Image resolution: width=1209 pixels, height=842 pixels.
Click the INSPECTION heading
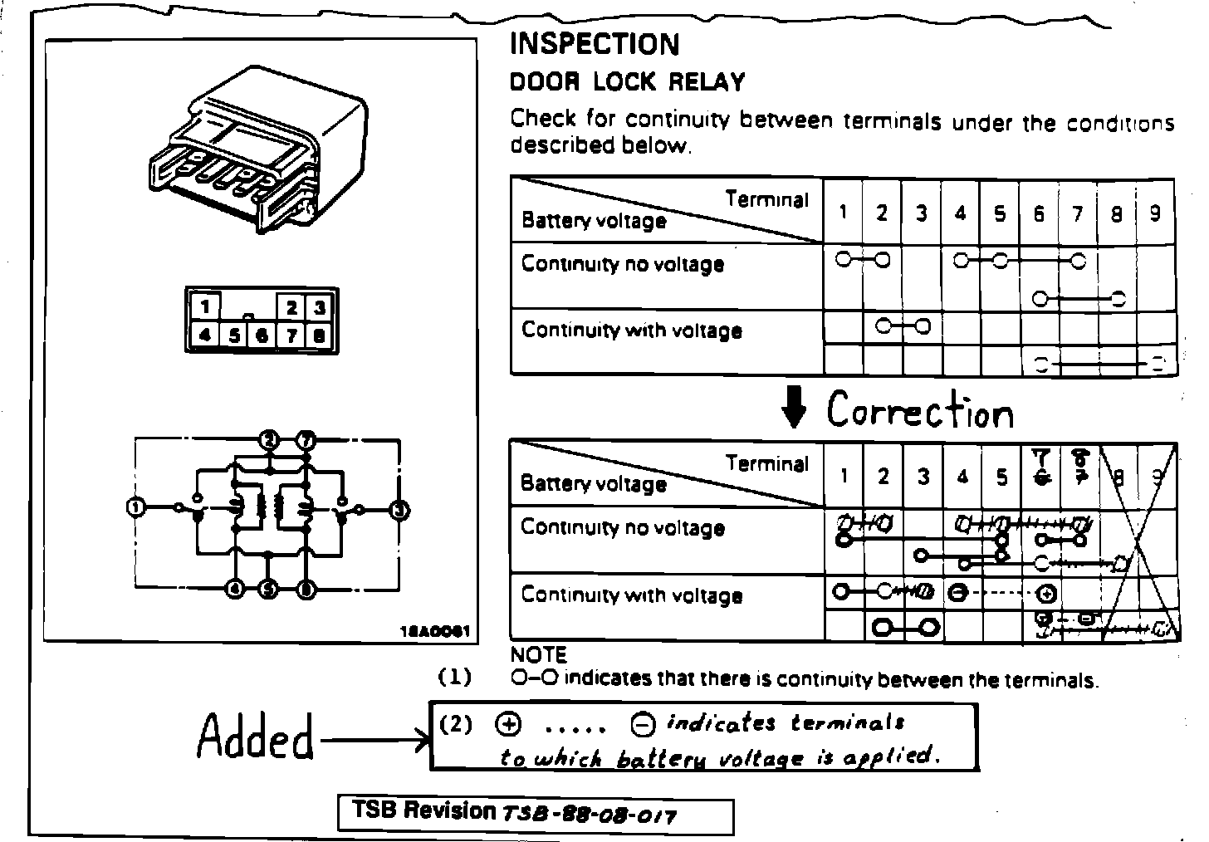594,44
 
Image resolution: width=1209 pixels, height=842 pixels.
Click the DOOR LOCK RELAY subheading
627,82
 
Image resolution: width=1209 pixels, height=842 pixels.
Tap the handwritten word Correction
920,410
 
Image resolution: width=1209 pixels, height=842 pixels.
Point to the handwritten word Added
256,737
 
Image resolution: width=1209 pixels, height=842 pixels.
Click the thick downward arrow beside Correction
795,410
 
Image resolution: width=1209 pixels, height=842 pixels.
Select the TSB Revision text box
536,814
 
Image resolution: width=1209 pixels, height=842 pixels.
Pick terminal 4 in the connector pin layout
204,335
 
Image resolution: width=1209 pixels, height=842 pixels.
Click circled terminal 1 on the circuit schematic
136,507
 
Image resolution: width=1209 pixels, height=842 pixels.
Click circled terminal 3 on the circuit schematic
399,510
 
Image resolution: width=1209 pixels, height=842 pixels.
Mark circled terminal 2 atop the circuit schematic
268,439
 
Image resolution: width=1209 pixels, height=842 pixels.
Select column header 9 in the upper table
1155,213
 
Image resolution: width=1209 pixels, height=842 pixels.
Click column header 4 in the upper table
960,213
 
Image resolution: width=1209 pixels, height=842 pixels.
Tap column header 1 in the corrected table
844,476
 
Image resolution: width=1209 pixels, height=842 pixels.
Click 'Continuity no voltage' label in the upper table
623,265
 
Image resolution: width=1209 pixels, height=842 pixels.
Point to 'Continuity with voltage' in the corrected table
631,595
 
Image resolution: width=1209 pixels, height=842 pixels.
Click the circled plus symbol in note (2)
508,725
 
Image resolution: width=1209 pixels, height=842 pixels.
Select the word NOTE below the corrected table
538,655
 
